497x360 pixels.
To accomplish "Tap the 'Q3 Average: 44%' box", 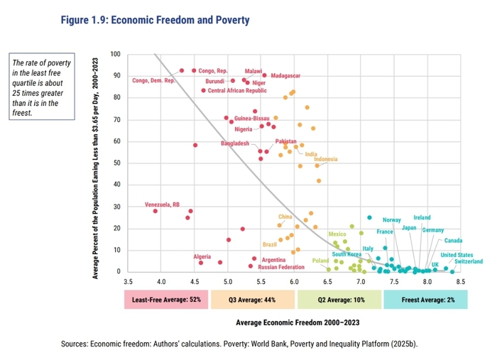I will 252,300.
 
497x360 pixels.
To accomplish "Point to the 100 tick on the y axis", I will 116,55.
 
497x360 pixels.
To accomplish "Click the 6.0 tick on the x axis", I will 295,281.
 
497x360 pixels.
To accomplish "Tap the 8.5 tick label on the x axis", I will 460,281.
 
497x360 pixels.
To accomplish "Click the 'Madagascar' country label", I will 285,76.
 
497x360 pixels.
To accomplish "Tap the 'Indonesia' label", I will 326,158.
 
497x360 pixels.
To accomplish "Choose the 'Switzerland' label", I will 468,262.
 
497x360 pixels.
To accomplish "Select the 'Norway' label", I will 391,219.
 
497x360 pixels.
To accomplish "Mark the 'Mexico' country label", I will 337,234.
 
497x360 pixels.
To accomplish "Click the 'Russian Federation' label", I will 282,268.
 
